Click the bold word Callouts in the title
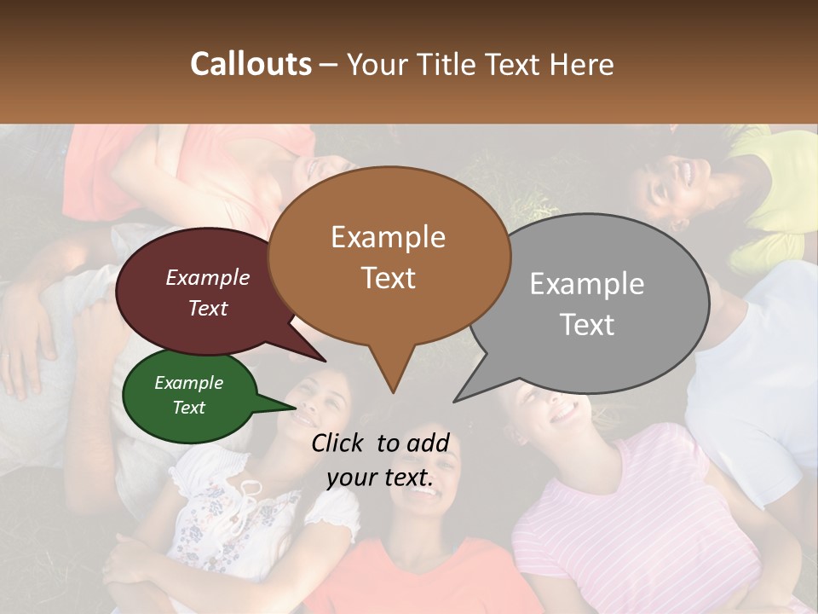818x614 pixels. coord(251,64)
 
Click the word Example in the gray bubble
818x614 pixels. coord(587,283)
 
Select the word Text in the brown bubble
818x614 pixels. coord(389,278)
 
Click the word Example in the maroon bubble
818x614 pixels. coord(208,277)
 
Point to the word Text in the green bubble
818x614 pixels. coord(189,408)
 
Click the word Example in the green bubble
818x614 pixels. coord(189,383)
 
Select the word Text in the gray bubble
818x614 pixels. coord(587,325)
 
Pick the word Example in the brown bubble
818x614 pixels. coord(389,236)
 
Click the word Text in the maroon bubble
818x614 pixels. coord(208,308)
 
